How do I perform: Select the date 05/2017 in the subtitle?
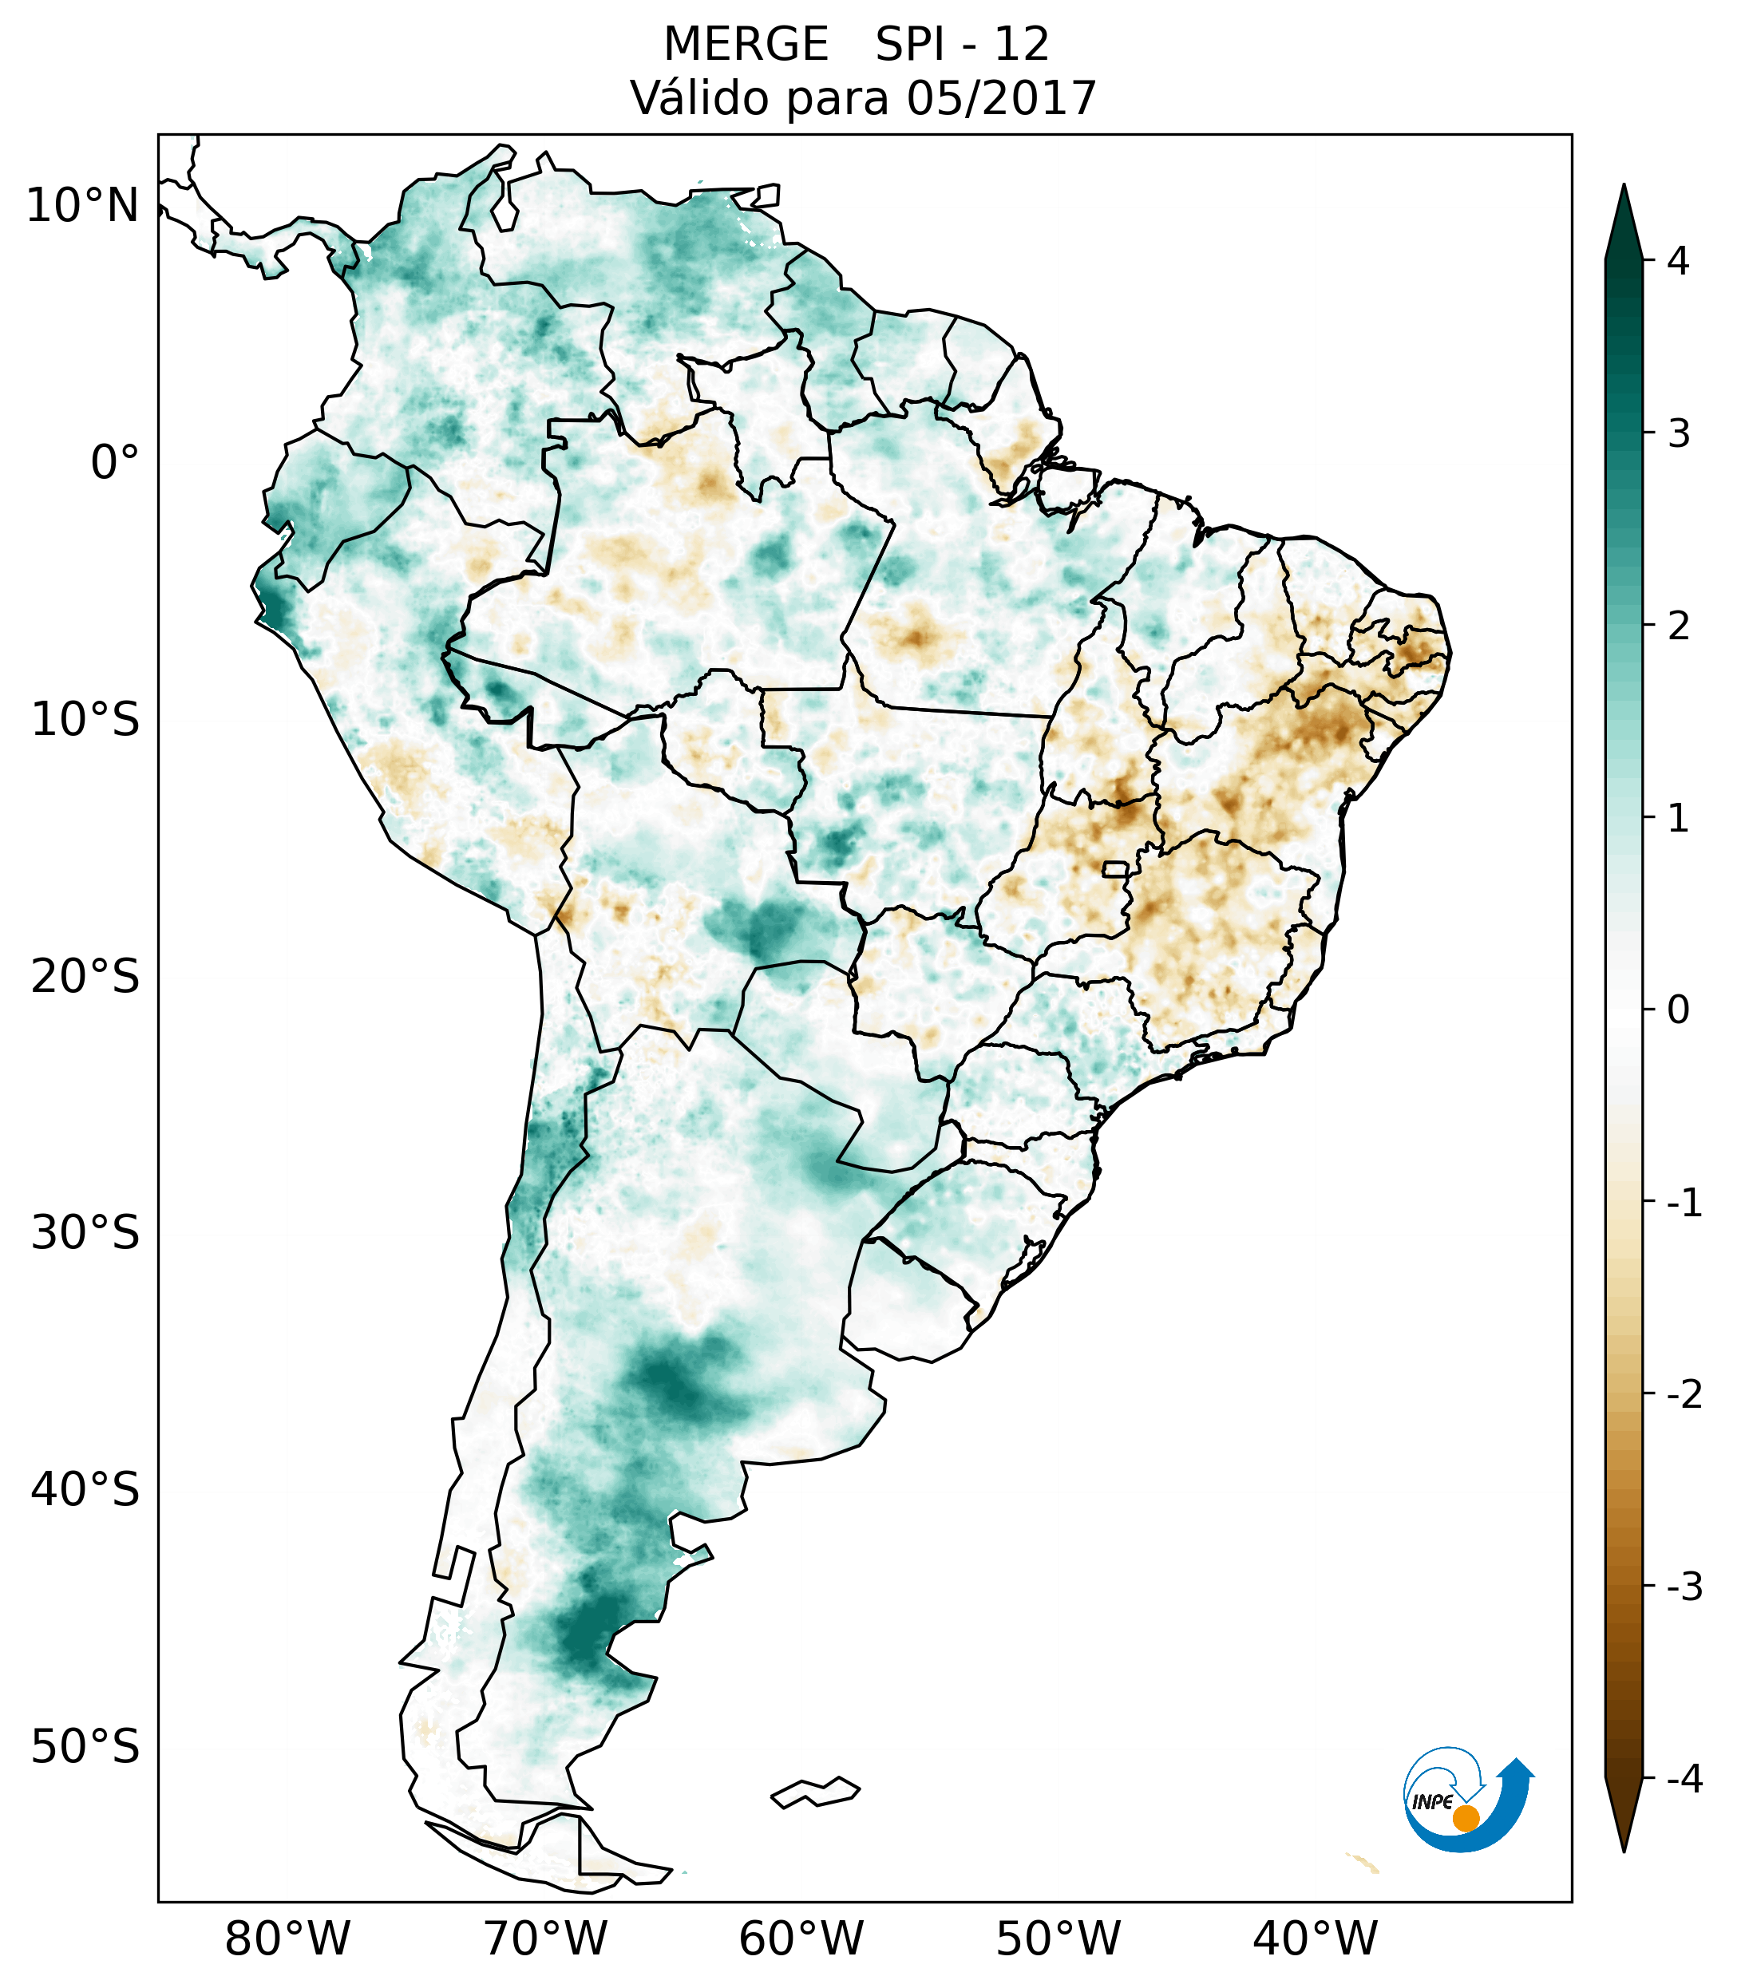point(1001,98)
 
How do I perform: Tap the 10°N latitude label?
point(83,206)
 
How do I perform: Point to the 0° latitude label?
point(115,463)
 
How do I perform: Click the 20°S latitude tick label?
point(85,977)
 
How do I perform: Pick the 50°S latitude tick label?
point(85,1748)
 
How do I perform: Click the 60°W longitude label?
point(801,1939)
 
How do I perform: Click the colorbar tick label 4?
point(1678,261)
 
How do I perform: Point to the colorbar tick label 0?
point(1678,1010)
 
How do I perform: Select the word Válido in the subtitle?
point(700,98)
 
